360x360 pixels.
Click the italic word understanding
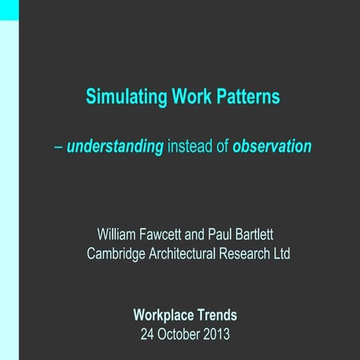115,147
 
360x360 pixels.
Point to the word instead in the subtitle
190,146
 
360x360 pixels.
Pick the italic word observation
271,146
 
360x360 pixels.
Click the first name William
119,236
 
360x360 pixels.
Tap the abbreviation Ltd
280,253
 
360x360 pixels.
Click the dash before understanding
58,147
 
